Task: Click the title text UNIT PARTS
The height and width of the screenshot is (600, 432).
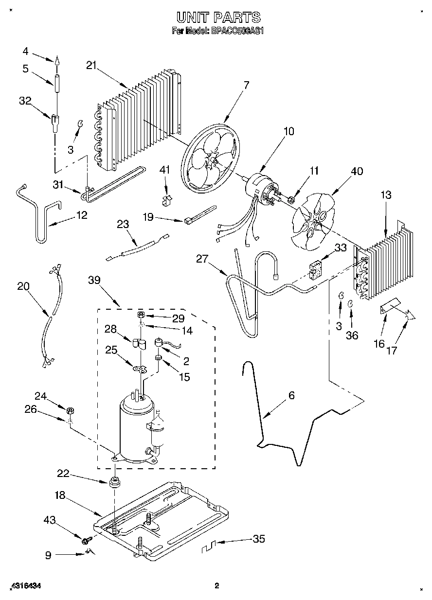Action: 218,18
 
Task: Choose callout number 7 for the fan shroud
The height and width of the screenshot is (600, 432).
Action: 246,85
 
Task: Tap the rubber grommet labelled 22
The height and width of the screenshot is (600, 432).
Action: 115,483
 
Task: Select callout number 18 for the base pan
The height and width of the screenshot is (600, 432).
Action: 60,496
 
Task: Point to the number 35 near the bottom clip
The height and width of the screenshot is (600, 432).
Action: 259,539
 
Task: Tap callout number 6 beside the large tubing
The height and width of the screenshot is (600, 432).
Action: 291,395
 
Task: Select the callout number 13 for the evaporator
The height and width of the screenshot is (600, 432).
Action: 386,195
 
